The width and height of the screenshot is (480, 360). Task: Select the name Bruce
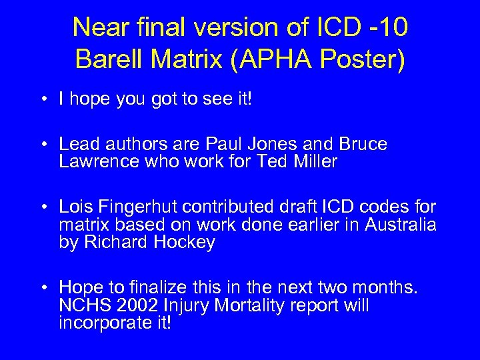coord(362,144)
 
